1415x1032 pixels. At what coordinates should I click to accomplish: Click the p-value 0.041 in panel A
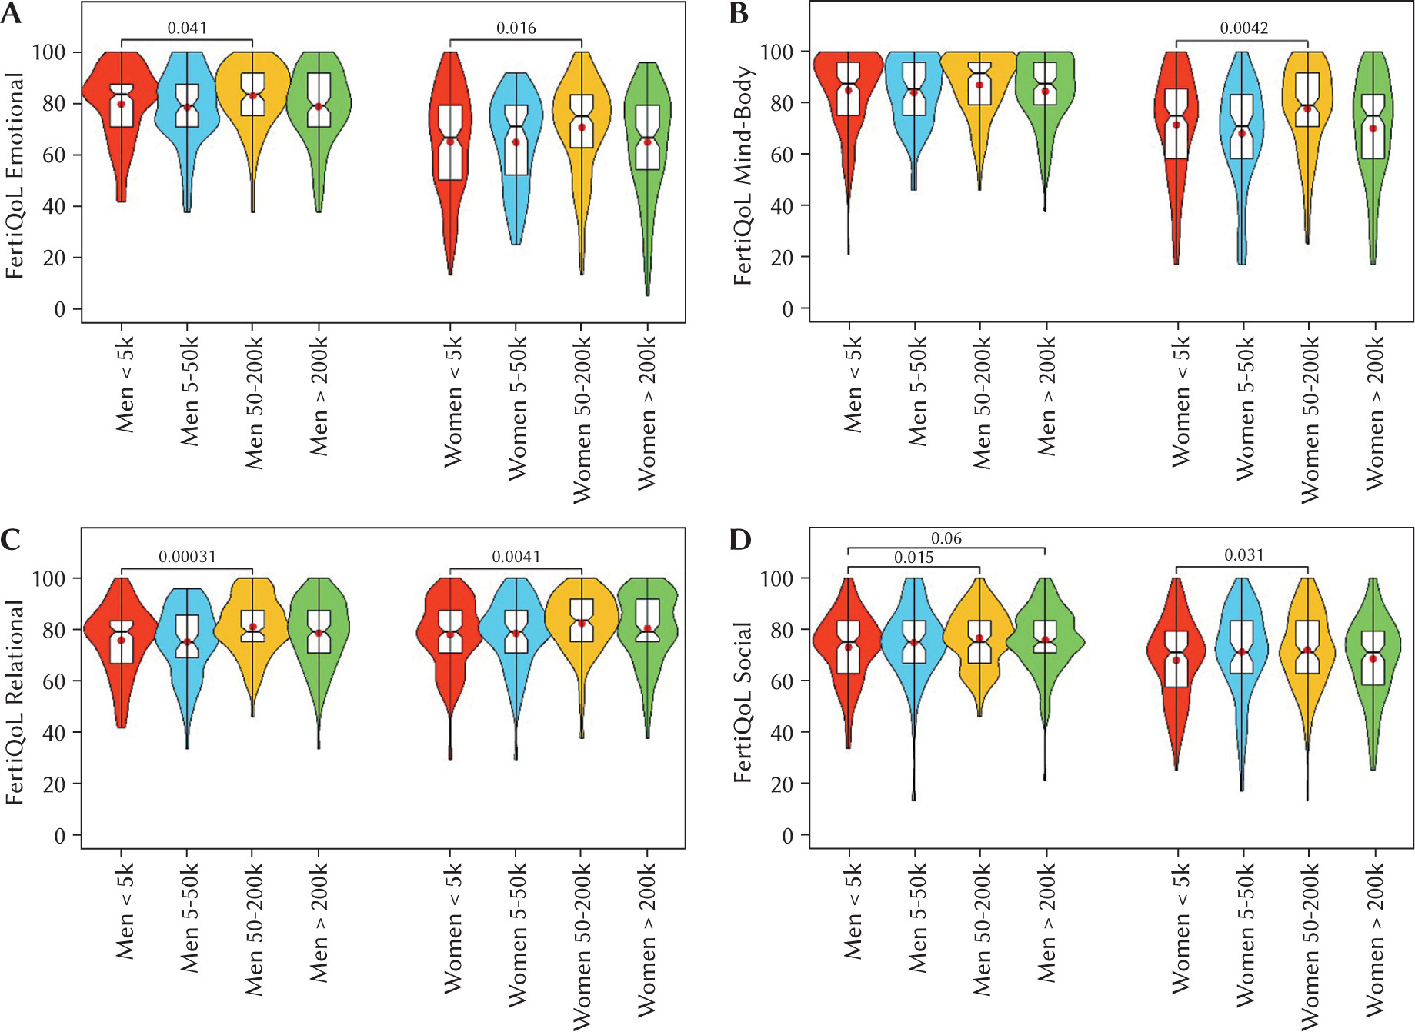(187, 28)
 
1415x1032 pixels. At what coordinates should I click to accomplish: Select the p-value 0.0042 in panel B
(1243, 28)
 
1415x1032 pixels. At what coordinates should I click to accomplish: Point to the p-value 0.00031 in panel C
(187, 556)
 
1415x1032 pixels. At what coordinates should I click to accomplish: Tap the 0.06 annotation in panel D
(946, 538)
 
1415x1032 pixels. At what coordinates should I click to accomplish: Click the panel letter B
(739, 14)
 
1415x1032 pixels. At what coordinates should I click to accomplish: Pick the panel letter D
(739, 540)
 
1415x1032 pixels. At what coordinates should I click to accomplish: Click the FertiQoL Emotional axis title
(15, 175)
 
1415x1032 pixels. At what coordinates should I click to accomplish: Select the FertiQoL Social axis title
(743, 701)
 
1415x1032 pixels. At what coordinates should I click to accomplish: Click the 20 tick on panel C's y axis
(54, 784)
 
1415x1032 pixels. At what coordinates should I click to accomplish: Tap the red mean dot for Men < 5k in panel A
(122, 104)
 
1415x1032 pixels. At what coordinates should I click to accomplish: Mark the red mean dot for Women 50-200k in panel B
(1307, 109)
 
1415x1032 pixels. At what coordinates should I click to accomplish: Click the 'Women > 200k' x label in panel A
(648, 415)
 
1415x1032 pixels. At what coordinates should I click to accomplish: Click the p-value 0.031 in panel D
(1243, 555)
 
